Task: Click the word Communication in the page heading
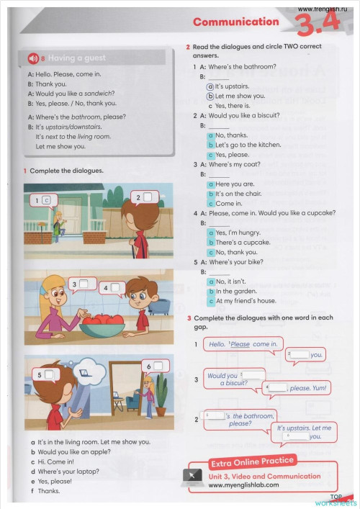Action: click(x=235, y=22)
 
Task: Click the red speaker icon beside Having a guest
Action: click(x=33, y=58)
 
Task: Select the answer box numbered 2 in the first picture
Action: click(x=147, y=197)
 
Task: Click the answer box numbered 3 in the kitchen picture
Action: click(x=84, y=284)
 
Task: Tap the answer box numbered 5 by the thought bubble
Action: click(x=48, y=374)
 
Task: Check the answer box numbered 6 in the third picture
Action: click(x=158, y=366)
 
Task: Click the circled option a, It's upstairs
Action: click(x=210, y=86)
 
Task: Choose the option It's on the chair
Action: click(x=238, y=194)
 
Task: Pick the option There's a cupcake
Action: click(x=243, y=243)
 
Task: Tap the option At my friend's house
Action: click(x=245, y=301)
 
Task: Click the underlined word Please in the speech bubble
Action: click(x=240, y=344)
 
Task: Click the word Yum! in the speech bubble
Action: click(x=319, y=388)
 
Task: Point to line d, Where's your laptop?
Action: click(x=68, y=472)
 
